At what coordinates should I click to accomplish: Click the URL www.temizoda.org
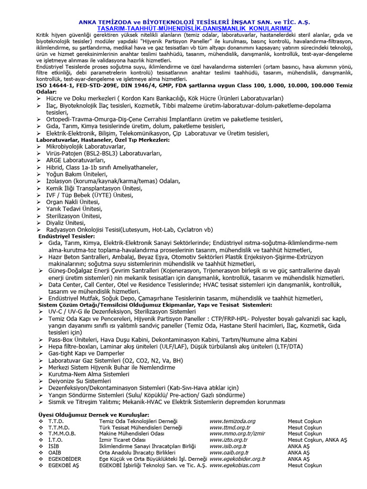click(232, 421)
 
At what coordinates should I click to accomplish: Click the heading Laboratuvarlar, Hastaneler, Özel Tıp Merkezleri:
click(103, 140)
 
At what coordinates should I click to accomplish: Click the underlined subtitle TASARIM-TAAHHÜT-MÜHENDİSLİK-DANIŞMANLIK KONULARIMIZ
click(183, 28)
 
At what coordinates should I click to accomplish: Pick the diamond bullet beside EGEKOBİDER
click(40, 458)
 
